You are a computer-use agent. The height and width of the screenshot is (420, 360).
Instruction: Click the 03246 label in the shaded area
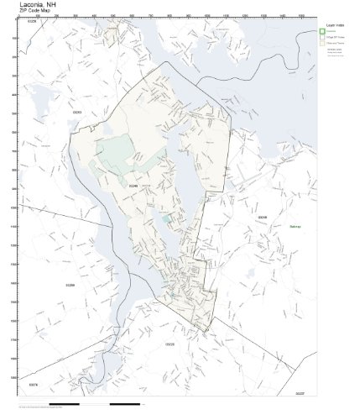click(x=132, y=186)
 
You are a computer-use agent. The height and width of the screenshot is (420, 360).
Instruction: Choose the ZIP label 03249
click(x=263, y=217)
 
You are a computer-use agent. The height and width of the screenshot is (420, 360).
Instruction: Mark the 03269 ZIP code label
click(x=70, y=286)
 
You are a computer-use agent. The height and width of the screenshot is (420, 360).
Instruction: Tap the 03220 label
click(x=170, y=344)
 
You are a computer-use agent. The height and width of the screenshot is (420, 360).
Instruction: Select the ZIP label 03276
click(x=33, y=385)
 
